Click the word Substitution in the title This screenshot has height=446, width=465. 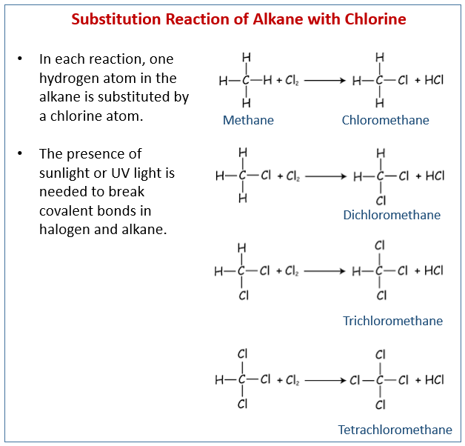pos(116,19)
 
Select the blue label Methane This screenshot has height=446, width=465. pos(248,120)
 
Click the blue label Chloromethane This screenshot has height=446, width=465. pos(385,120)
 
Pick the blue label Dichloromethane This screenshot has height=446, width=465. pos(392,215)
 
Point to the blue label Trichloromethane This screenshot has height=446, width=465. pos(392,321)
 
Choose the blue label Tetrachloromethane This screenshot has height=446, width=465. pos(395,430)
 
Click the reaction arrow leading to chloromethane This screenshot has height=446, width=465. pos(325,81)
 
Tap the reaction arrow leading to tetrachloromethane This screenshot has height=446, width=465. pos(325,380)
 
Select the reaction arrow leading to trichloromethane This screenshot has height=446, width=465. pos(325,271)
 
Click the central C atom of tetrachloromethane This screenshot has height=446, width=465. pos(380,380)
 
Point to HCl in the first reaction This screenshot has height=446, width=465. pos(434,80)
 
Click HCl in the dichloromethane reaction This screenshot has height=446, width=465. pos(435,176)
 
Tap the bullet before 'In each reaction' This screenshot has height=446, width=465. pos(20,59)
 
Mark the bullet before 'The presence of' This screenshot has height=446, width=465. pos(20,153)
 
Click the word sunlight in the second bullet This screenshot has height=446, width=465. pos(64,173)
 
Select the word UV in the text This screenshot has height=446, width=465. pos(121,173)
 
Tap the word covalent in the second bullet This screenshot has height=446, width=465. pos(66,211)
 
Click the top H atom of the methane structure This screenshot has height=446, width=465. pos(247,57)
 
